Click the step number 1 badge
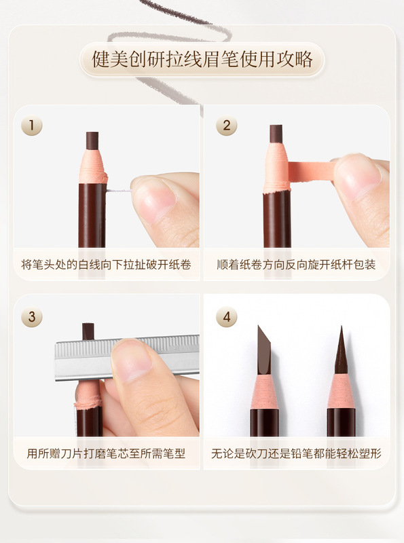pos(31,125)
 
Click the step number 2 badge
pos(227,125)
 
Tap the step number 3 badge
pos(31,316)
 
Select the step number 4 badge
pos(227,316)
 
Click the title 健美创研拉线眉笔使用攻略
pos(202,59)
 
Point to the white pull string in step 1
pos(119,191)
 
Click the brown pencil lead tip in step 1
pos(92,141)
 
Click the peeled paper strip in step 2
pos(310,171)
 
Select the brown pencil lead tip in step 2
pos(276,134)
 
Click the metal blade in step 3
pos(127,358)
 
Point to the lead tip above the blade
pos(88,331)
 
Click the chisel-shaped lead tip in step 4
pos(264,350)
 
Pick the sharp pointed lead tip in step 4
pos(342,350)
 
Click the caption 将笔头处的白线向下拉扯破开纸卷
pos(106,265)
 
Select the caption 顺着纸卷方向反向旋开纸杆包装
pos(296,265)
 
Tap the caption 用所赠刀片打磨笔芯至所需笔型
pos(106,453)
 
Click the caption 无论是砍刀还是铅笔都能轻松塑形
pos(296,453)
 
